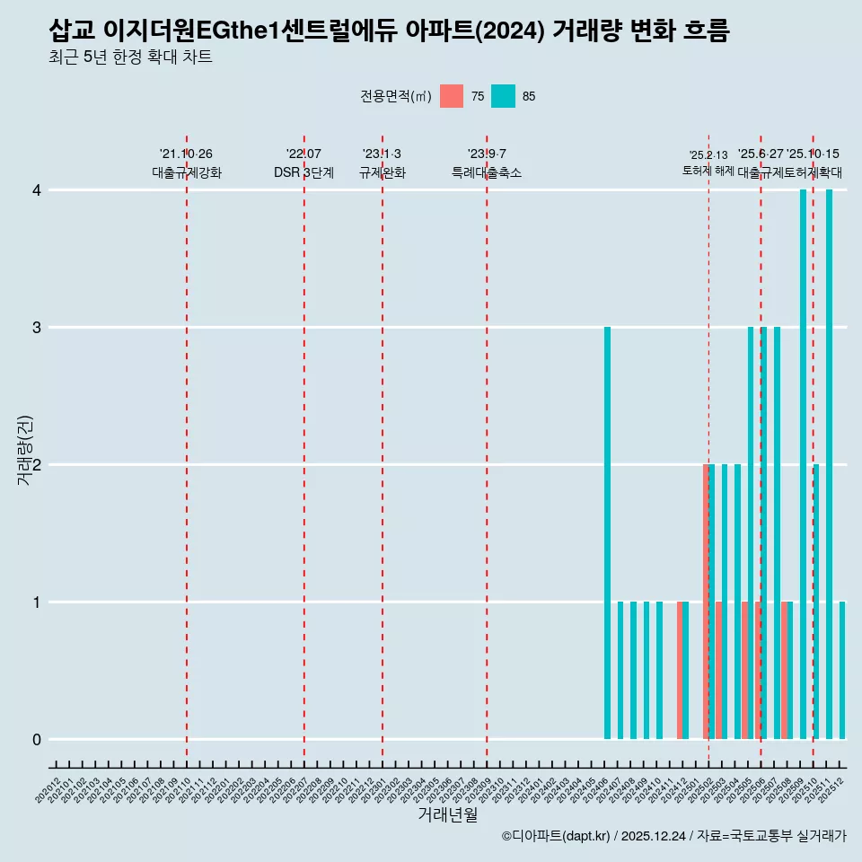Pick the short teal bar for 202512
[x=842, y=670]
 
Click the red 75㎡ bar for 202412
[x=680, y=670]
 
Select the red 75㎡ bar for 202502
[x=707, y=602]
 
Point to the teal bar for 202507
[x=778, y=533]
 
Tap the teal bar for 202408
[x=634, y=670]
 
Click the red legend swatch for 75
[x=452, y=96]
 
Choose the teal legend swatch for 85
[x=504, y=96]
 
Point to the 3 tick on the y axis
[x=37, y=328]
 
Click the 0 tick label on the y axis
[x=37, y=740]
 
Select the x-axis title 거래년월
[x=447, y=814]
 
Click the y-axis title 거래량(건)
[x=25, y=450]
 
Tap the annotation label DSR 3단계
[x=304, y=172]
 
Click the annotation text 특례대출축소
[x=487, y=172]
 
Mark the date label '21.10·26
[x=186, y=154]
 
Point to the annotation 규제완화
[x=383, y=172]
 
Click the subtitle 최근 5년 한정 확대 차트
[x=131, y=57]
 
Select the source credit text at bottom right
[x=674, y=836]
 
